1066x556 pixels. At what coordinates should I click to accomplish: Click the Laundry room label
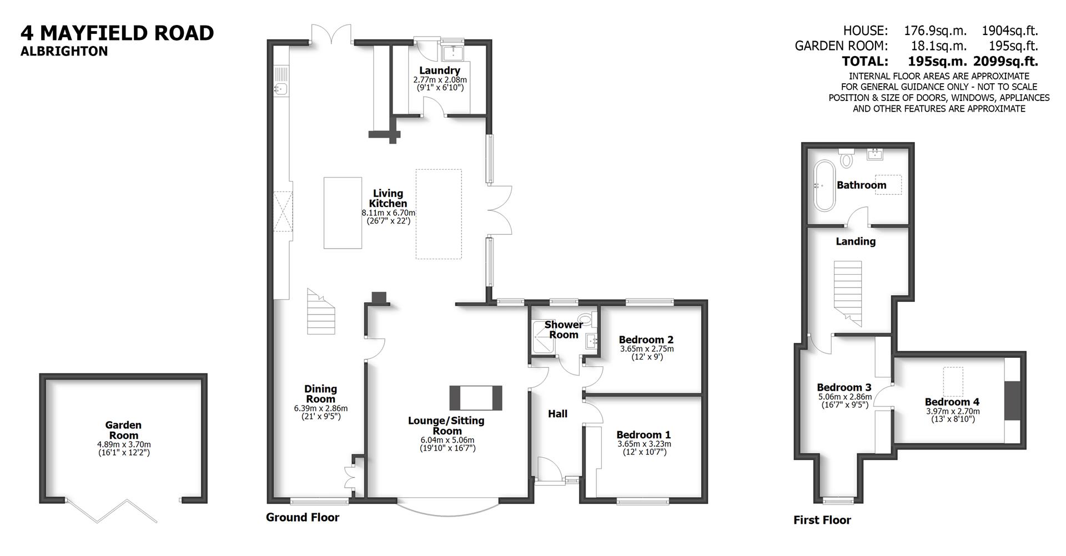point(439,70)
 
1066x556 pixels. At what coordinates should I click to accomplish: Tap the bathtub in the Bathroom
point(823,185)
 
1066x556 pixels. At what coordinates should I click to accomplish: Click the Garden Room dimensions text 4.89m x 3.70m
point(123,444)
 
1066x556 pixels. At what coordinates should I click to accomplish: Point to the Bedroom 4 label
point(952,402)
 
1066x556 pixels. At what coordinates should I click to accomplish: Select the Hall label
point(557,413)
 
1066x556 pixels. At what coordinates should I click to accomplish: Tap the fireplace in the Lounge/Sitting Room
point(475,397)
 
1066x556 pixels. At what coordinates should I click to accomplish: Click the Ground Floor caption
point(302,517)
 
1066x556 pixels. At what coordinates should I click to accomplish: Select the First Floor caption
point(822,520)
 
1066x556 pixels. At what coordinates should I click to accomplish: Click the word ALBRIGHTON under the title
point(64,51)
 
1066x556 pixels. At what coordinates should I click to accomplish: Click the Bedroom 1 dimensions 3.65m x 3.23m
point(643,444)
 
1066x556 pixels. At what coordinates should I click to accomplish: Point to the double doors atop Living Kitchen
point(331,34)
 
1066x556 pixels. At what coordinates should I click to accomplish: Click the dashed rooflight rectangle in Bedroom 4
point(954,381)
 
